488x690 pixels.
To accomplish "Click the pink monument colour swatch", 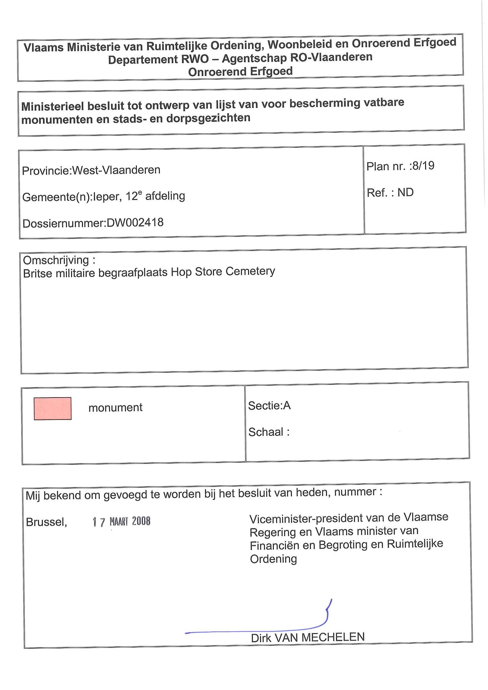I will pyautogui.click(x=53, y=408).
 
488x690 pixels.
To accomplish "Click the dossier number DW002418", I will pyautogui.click(x=135, y=223).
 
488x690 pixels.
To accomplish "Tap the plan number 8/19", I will pyautogui.click(x=423, y=166).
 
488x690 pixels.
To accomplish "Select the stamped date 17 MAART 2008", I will pyautogui.click(x=122, y=521).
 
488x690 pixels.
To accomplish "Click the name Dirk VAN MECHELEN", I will pyautogui.click(x=308, y=637).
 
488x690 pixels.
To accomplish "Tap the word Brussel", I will pyautogui.click(x=46, y=522).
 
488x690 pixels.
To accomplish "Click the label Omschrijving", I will pyautogui.click(x=56, y=260).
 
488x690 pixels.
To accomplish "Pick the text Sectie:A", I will pyautogui.click(x=269, y=406).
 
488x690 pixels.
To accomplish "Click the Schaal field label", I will pyautogui.click(x=269, y=432).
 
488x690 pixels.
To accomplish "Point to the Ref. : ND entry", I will pyautogui.click(x=390, y=192).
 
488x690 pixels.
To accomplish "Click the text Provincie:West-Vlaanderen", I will pyautogui.click(x=91, y=170).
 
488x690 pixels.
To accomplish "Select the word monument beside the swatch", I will pyautogui.click(x=115, y=408).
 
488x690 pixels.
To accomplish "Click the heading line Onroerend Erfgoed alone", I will pyautogui.click(x=240, y=72).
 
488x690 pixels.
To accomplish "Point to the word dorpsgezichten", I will pyautogui.click(x=208, y=118).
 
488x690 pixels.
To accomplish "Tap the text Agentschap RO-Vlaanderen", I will pyautogui.click(x=297, y=57).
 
